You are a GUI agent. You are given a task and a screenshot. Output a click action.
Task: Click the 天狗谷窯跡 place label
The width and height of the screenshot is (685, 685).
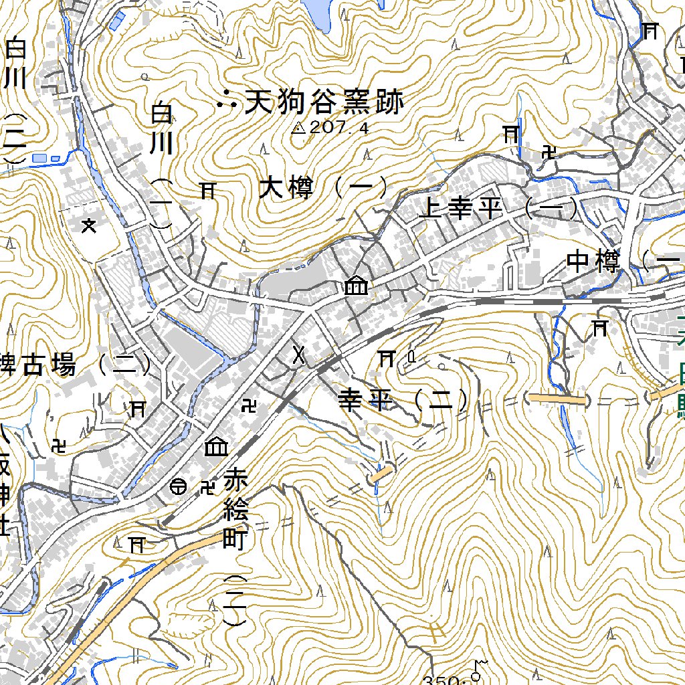point(324,103)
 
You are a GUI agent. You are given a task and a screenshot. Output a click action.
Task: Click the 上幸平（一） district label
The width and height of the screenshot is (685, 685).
point(498,209)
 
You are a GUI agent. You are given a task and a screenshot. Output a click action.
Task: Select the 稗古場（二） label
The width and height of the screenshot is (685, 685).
point(74,365)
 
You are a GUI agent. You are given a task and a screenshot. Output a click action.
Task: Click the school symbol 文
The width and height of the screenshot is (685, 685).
point(88,225)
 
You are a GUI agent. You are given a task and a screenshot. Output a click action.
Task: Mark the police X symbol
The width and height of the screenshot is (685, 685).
point(299,357)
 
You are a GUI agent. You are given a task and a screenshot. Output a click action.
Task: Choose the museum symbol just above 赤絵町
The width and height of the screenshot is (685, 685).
point(215,446)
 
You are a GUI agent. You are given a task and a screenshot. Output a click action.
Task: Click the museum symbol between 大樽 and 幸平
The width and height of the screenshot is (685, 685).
point(355,286)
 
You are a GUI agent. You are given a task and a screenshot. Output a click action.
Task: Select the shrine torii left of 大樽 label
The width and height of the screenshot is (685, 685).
point(207,191)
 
